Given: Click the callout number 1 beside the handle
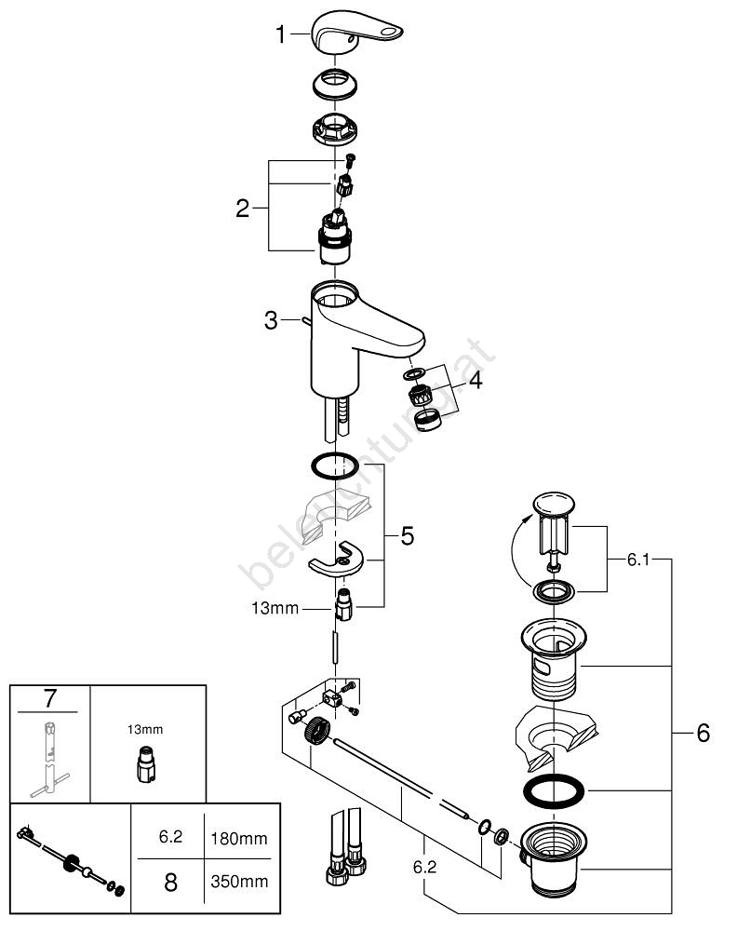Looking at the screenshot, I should pos(280,36).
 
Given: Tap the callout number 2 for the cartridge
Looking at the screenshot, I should pos(242,208).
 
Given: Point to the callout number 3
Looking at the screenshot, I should pos(271,321).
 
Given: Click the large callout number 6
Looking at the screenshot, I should pos(703,733).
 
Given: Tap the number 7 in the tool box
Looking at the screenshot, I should pos(50,699).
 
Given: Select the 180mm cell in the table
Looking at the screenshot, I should pos(240,839).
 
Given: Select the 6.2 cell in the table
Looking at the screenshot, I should pos(169,839).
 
